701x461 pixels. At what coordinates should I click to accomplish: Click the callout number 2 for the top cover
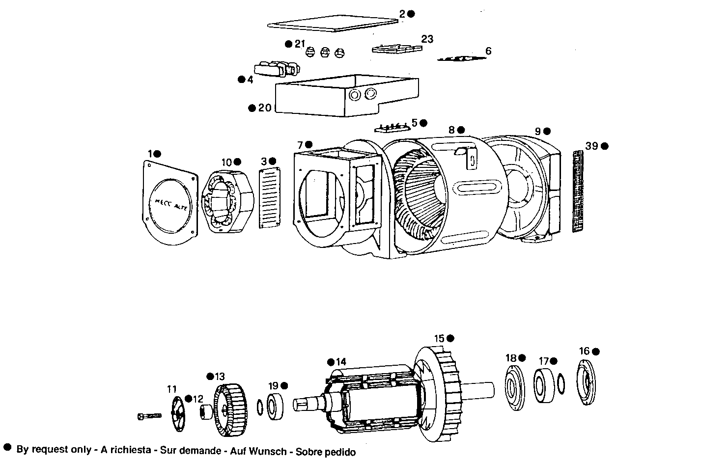[x=402, y=14]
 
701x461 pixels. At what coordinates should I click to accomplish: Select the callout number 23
[x=427, y=39]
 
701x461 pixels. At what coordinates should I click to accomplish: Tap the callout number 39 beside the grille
[x=592, y=146]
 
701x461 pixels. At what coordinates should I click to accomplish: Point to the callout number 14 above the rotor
[x=341, y=362]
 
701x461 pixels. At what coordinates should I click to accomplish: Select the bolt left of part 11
[x=149, y=416]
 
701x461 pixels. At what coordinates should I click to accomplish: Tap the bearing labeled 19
[x=276, y=407]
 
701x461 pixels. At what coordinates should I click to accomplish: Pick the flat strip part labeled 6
[x=462, y=58]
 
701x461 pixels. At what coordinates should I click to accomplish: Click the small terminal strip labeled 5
[x=393, y=128]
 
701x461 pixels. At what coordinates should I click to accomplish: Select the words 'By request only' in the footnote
[x=54, y=449]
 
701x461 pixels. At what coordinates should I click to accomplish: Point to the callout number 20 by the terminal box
[x=265, y=108]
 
